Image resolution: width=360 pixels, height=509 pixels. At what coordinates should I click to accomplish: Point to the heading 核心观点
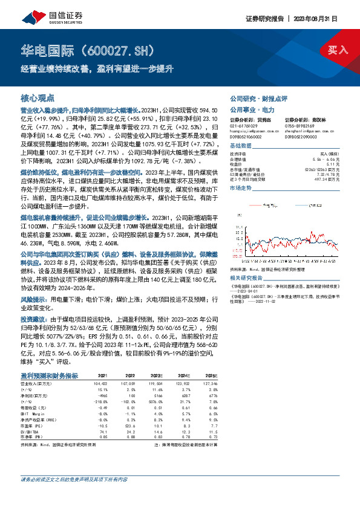point(38,97)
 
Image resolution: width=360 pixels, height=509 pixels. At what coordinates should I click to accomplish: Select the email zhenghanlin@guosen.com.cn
point(307,131)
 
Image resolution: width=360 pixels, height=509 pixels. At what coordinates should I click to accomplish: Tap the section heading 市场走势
point(240,189)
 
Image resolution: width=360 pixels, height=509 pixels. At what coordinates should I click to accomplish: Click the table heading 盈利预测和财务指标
point(51,375)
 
